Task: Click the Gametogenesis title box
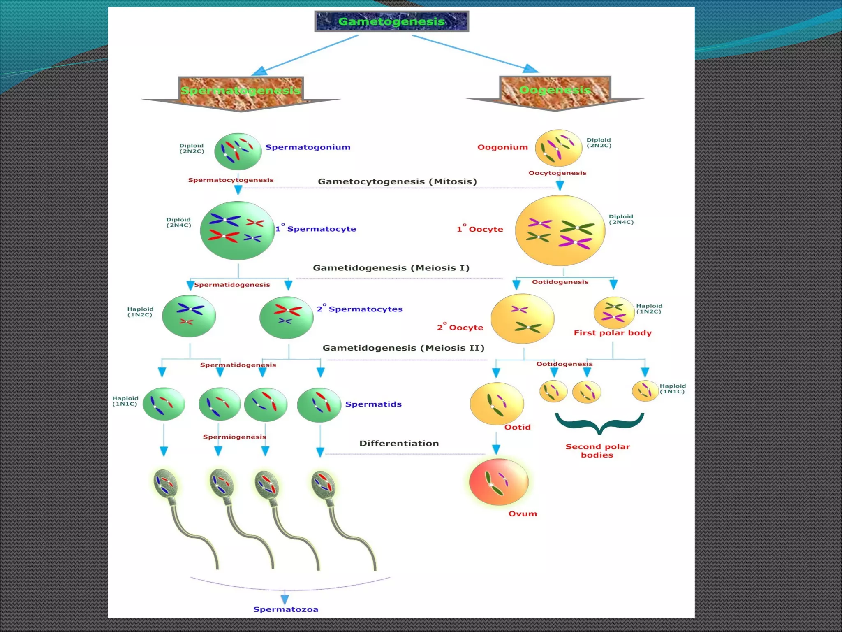click(x=391, y=21)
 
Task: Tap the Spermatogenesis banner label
click(x=241, y=91)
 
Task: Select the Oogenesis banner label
click(x=555, y=90)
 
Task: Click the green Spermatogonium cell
click(x=238, y=151)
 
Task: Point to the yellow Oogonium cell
click(x=558, y=148)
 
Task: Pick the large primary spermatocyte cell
click(x=237, y=230)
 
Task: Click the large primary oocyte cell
click(x=560, y=230)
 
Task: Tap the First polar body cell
click(x=614, y=312)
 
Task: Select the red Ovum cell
click(x=499, y=482)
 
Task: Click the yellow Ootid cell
click(x=497, y=404)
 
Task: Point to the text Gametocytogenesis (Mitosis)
click(x=397, y=181)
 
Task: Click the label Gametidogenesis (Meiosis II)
click(x=403, y=348)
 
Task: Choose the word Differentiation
click(x=399, y=444)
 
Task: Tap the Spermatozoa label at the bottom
click(x=285, y=609)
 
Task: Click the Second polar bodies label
click(x=597, y=451)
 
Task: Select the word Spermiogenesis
click(x=234, y=437)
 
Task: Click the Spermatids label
click(x=373, y=404)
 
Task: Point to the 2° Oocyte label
click(x=460, y=328)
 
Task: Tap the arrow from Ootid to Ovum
click(x=496, y=444)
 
